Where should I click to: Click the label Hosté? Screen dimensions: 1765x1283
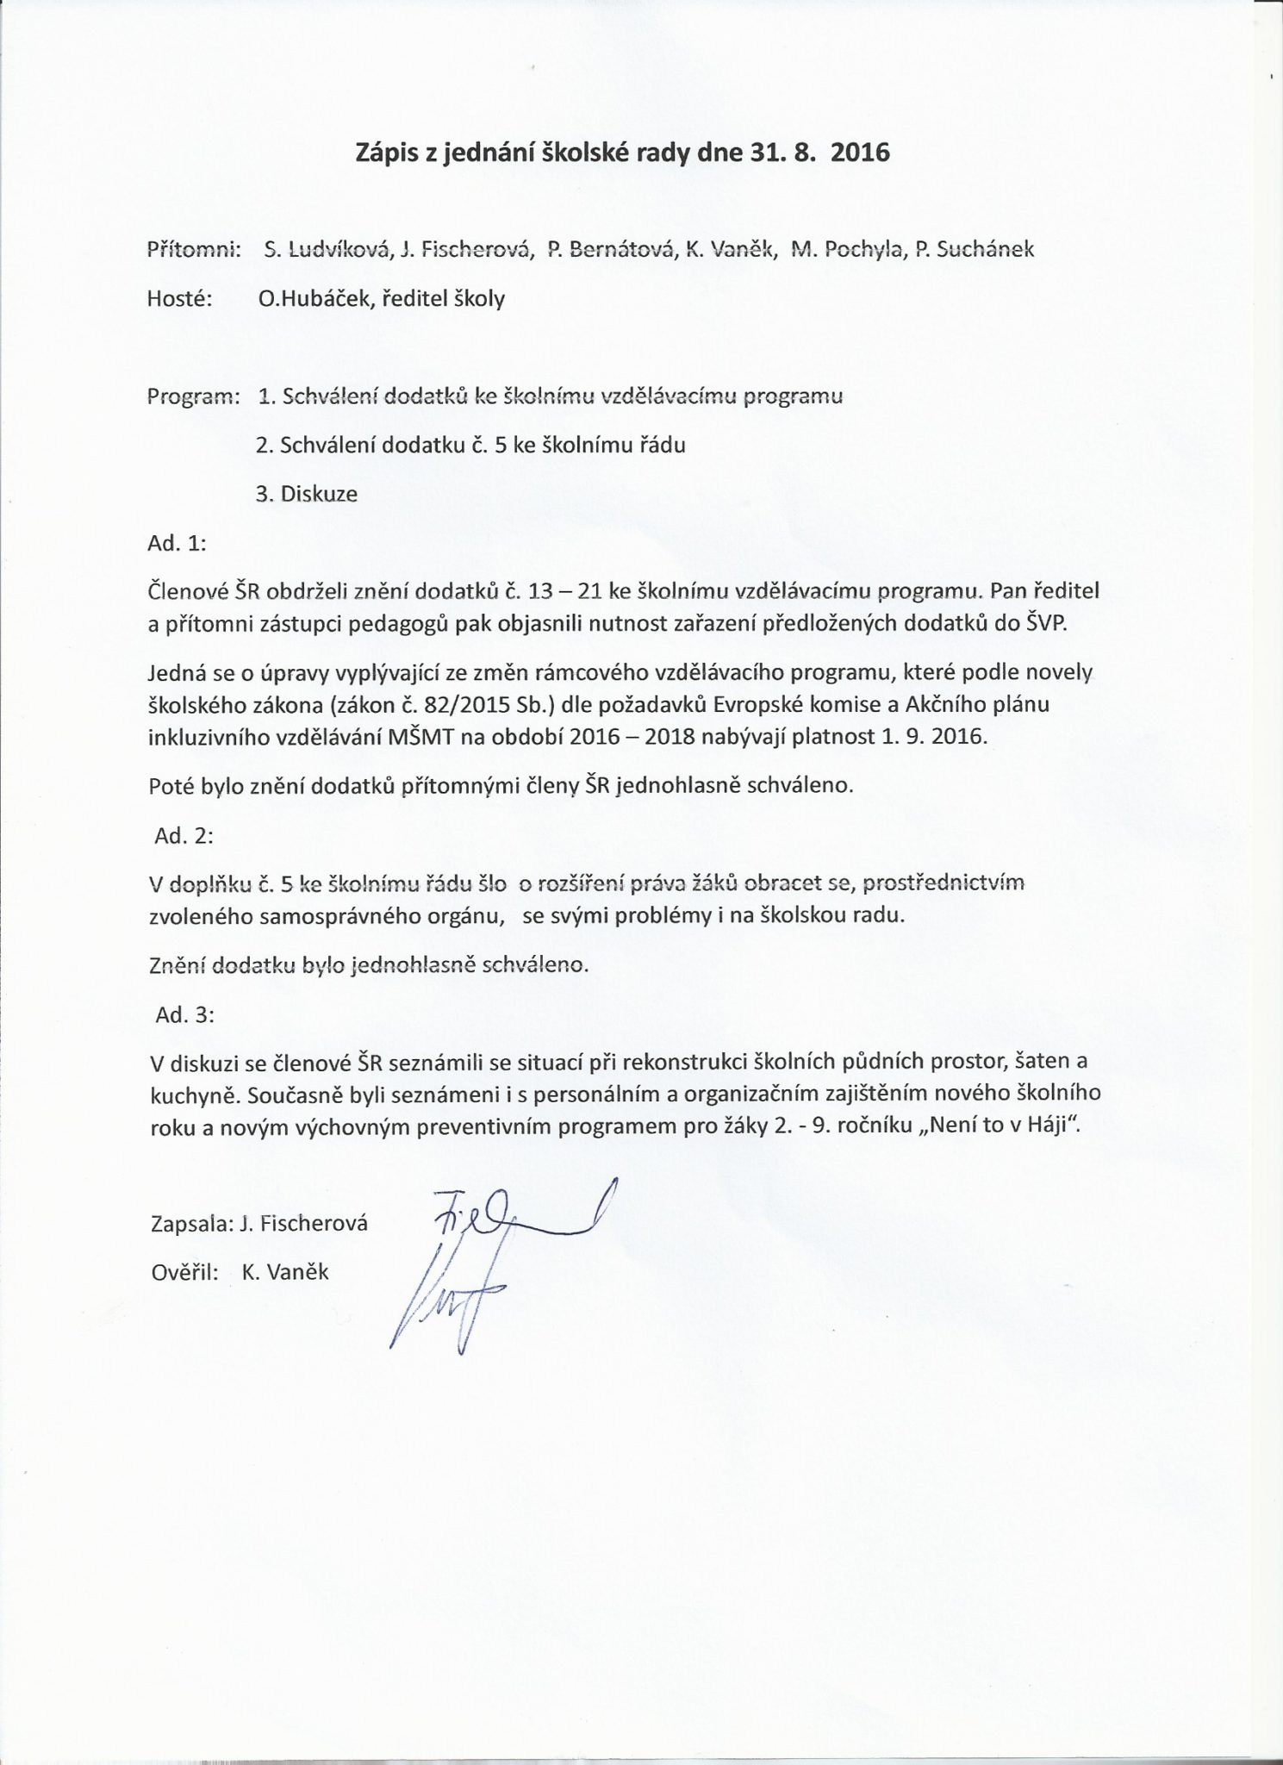coord(179,299)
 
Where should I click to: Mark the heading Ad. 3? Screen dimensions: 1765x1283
coord(184,1015)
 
